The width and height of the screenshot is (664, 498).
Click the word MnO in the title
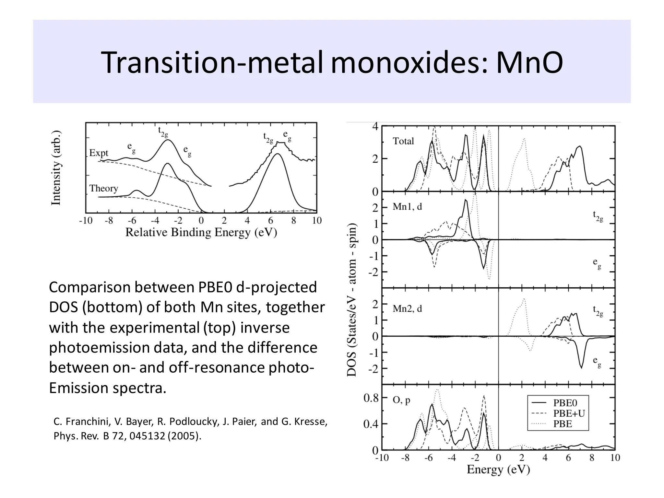[529, 63]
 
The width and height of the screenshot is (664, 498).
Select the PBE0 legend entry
[565, 403]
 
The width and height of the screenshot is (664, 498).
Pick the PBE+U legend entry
[569, 413]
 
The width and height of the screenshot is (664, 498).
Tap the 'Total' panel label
[403, 141]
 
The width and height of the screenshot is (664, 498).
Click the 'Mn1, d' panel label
[407, 207]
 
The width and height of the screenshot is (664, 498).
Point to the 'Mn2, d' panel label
[407, 308]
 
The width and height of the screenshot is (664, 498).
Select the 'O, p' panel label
[401, 400]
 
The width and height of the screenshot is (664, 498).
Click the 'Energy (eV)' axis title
[498, 469]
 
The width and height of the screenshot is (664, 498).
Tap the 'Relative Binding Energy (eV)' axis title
[201, 232]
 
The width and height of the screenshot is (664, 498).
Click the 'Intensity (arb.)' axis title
[56, 168]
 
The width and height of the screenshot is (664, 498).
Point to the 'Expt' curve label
[99, 153]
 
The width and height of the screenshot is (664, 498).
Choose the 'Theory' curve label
[103, 188]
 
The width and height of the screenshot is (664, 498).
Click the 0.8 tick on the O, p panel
[371, 398]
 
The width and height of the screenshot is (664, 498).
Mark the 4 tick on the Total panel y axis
[375, 127]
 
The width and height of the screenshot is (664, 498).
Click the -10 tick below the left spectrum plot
[86, 221]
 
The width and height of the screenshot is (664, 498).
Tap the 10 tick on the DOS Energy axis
[615, 457]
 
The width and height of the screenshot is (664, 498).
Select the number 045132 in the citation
[148, 436]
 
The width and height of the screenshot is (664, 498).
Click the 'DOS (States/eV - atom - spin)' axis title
[352, 300]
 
